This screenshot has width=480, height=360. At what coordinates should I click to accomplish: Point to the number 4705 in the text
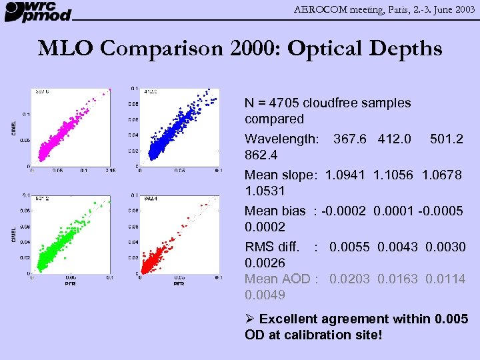point(285,103)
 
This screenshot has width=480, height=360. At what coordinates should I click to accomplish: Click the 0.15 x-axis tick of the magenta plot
point(110,171)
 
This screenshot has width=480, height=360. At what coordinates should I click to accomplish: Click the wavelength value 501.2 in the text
point(447,139)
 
